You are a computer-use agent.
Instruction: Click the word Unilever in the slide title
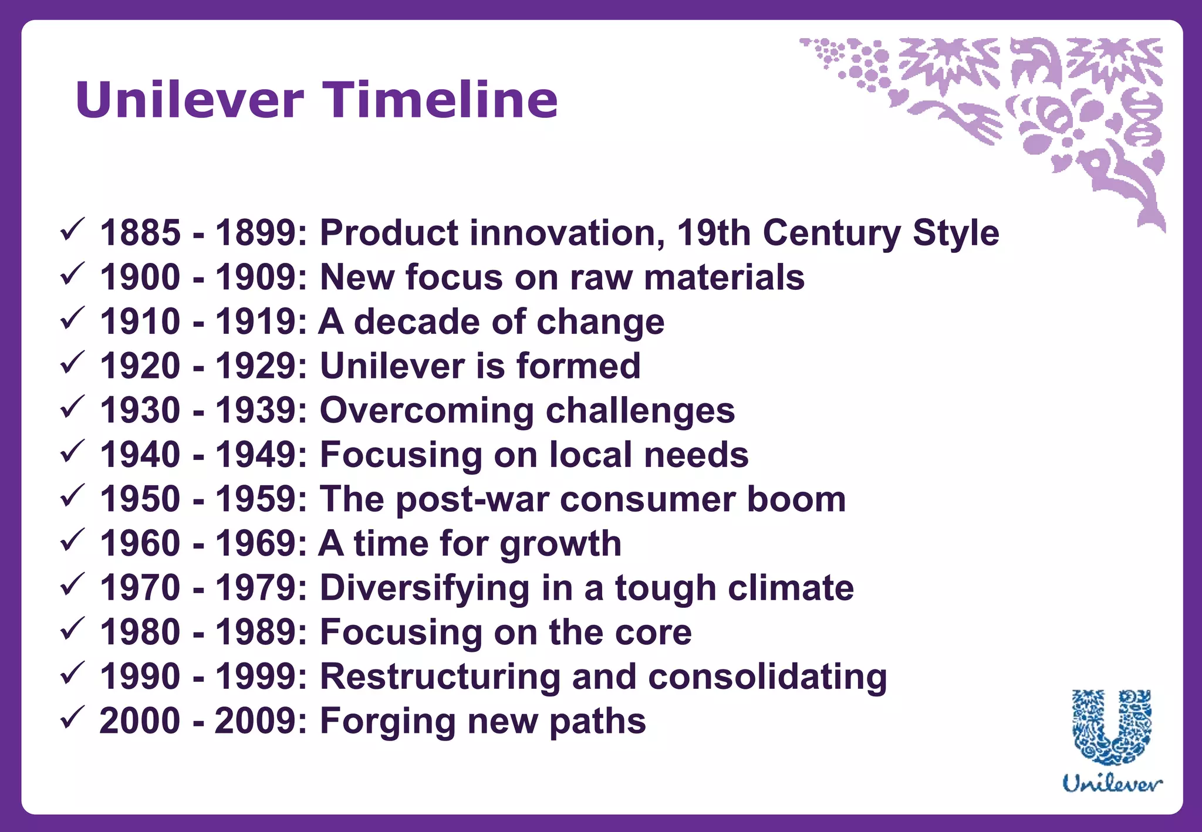[x=190, y=100]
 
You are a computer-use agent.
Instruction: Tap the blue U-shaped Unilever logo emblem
[x=1112, y=728]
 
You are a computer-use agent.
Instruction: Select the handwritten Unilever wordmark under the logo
[x=1112, y=784]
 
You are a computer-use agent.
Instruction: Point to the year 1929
[x=256, y=366]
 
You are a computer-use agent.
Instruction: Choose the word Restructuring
[x=440, y=677]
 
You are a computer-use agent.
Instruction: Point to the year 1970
[x=140, y=588]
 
